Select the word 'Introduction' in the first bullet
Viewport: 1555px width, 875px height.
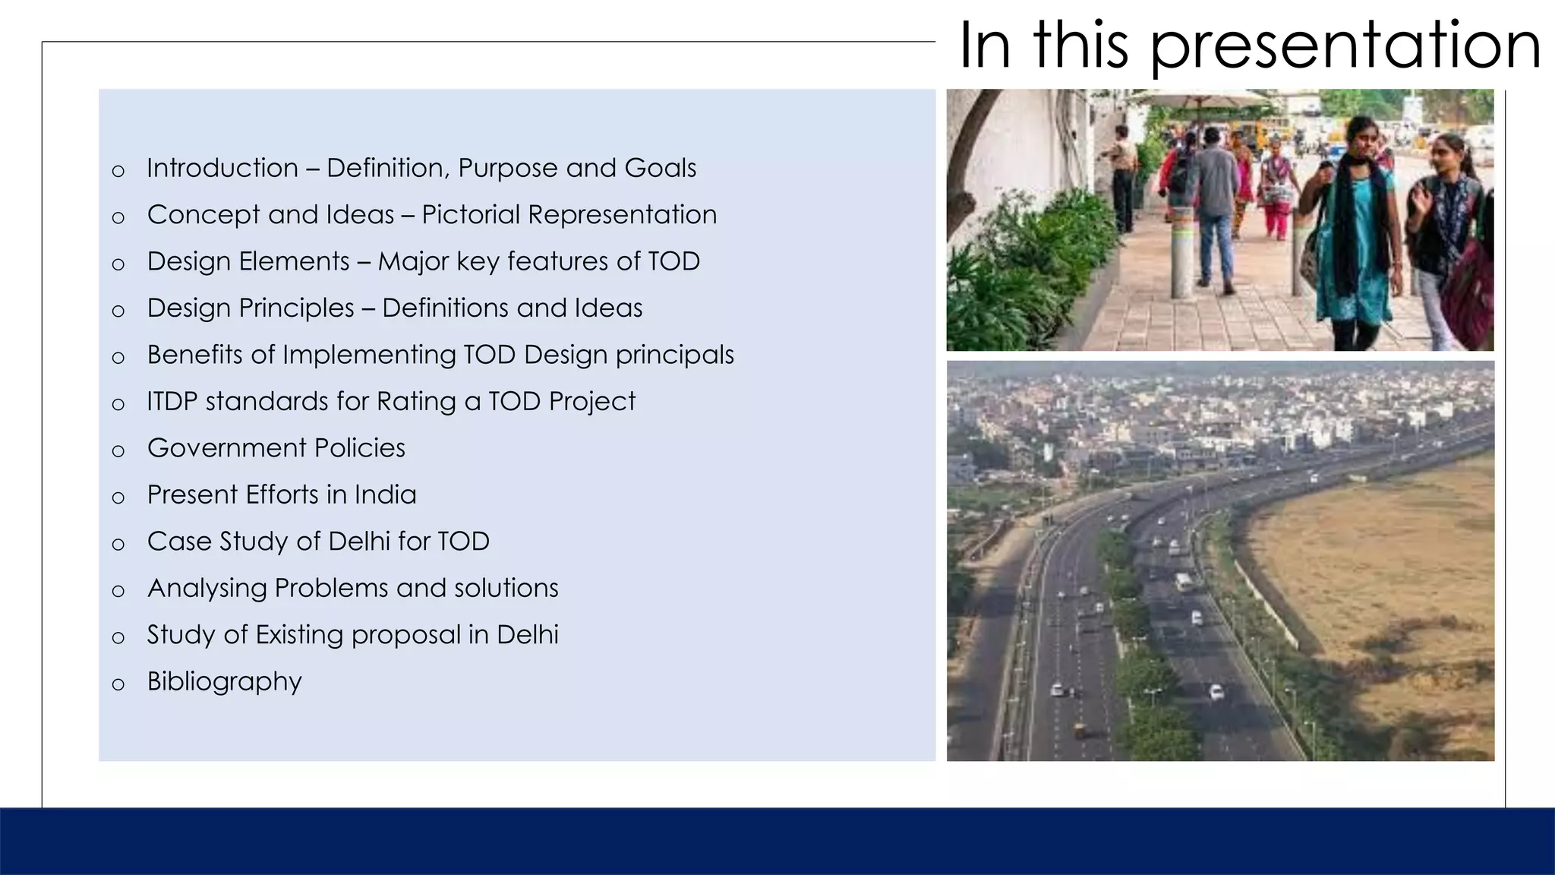pyautogui.click(x=222, y=168)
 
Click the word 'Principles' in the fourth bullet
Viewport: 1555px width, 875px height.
pyautogui.click(x=296, y=308)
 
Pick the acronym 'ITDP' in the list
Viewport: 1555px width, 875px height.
pyautogui.click(x=172, y=401)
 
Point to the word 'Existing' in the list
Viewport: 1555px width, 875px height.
pyautogui.click(x=299, y=635)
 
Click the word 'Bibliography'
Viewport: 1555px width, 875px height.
pyautogui.click(x=224, y=681)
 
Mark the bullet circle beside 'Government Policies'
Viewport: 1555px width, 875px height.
pyautogui.click(x=118, y=451)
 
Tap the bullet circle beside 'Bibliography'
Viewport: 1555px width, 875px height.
pyautogui.click(x=118, y=684)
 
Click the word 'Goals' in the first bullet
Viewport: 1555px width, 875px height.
pyautogui.click(x=660, y=168)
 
